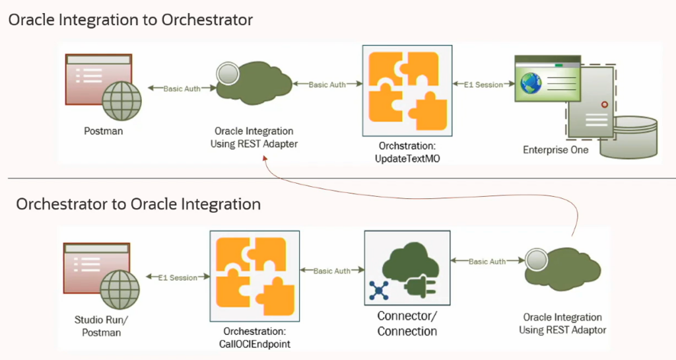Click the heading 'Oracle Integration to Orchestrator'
(131, 20)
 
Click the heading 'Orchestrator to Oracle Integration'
(139, 204)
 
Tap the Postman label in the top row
(103, 131)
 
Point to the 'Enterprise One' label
(555, 150)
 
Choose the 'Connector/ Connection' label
(407, 324)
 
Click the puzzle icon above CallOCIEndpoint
(255, 275)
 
